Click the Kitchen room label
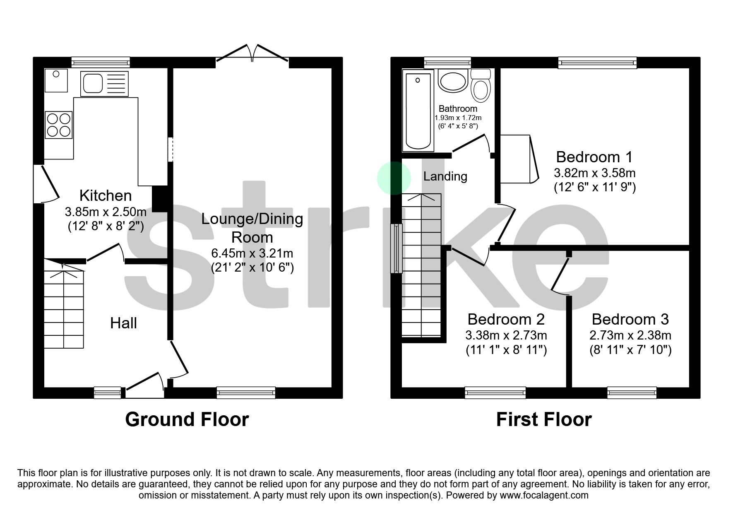[x=105, y=195]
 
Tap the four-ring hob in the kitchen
[x=58, y=125]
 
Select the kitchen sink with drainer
[x=105, y=84]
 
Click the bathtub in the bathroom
[x=418, y=111]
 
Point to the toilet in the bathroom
[x=481, y=87]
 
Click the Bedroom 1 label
[x=594, y=157]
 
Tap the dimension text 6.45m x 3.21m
[x=252, y=253]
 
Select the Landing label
[x=445, y=176]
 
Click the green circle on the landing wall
[x=394, y=178]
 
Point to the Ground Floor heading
[x=187, y=419]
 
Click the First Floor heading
[x=543, y=419]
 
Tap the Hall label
[x=123, y=323]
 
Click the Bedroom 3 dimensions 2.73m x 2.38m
[x=630, y=335]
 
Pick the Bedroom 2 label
[x=506, y=319]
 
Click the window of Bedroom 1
[x=597, y=63]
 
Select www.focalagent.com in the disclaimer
[x=544, y=495]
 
